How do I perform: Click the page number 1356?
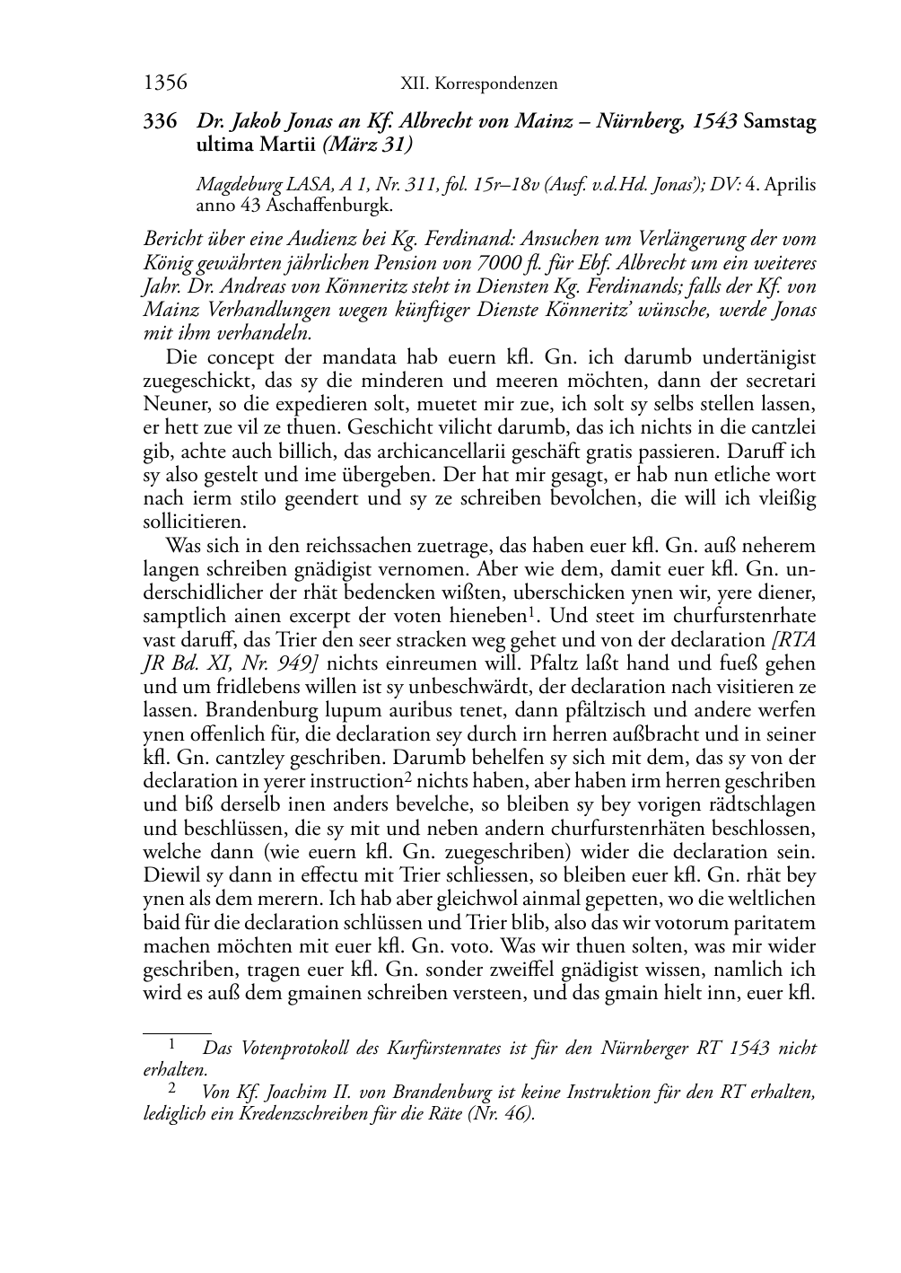coord(165,83)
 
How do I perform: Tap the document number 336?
coord(161,121)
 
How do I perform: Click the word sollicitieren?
coord(195,522)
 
